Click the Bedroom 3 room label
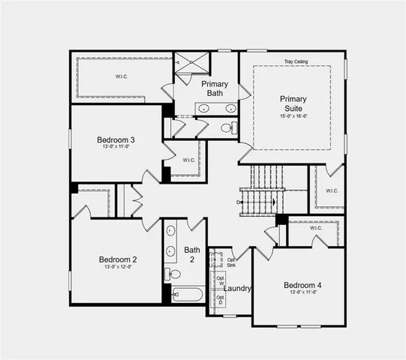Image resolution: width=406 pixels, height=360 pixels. click(x=116, y=139)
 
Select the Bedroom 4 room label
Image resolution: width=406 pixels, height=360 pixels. click(x=302, y=285)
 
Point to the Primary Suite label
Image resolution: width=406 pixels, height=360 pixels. click(x=293, y=103)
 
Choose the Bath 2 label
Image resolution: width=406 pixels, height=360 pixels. click(x=193, y=254)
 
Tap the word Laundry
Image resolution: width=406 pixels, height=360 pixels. click(x=237, y=289)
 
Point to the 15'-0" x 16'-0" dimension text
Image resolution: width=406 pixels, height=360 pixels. click(x=293, y=116)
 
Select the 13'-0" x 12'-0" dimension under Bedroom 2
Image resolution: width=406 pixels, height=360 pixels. click(x=116, y=267)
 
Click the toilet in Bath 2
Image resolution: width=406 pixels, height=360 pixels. click(x=172, y=273)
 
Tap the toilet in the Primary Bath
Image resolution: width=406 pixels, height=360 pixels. click(x=227, y=128)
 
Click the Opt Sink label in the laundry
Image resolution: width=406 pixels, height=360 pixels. click(x=230, y=262)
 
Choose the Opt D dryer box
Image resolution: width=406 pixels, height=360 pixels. click(x=220, y=300)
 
